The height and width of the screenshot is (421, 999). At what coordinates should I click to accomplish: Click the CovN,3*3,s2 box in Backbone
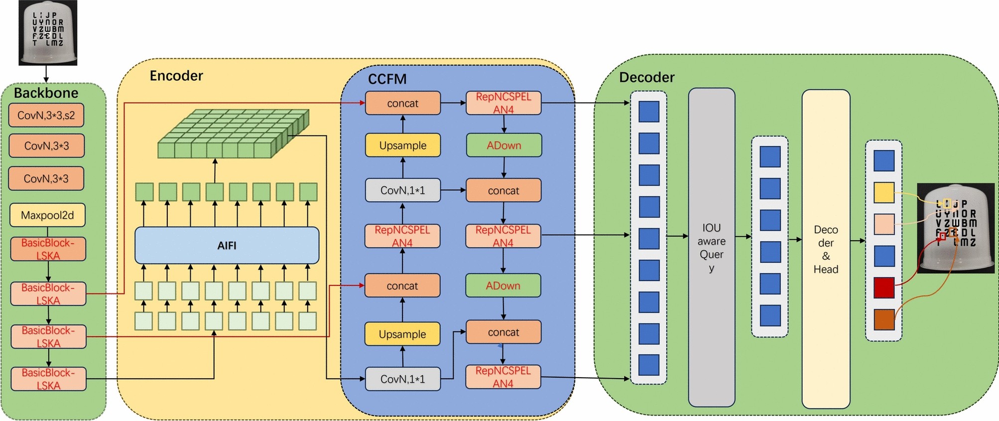click(x=46, y=116)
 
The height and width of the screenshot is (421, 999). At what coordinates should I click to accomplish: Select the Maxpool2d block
click(x=47, y=215)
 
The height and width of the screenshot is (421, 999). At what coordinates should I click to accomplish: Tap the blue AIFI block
click(x=227, y=246)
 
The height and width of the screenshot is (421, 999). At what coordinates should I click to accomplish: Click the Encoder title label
click(x=176, y=76)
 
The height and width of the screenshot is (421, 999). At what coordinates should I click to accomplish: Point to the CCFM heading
click(x=387, y=79)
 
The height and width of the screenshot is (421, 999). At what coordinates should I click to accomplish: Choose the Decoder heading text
click(x=646, y=77)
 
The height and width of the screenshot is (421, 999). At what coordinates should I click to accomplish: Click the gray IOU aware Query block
click(x=711, y=248)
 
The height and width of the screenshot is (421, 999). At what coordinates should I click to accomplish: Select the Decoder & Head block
click(x=825, y=249)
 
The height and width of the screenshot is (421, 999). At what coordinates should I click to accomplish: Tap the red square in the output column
click(x=884, y=287)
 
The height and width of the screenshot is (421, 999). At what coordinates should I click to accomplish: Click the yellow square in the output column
click(x=884, y=192)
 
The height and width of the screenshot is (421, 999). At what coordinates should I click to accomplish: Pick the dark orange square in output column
click(x=884, y=319)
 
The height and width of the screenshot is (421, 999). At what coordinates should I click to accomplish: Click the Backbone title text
click(x=46, y=93)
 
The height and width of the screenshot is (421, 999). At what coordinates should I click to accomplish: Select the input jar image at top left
click(x=48, y=33)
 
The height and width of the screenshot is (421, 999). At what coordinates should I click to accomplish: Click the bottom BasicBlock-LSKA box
click(x=48, y=379)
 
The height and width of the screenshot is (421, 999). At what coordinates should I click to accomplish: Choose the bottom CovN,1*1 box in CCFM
click(x=402, y=379)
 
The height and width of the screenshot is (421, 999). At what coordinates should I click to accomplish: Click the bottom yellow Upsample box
click(x=402, y=334)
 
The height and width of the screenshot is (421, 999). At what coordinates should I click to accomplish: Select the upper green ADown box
click(x=503, y=145)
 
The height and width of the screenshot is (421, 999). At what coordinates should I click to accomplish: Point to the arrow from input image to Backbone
click(x=46, y=74)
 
